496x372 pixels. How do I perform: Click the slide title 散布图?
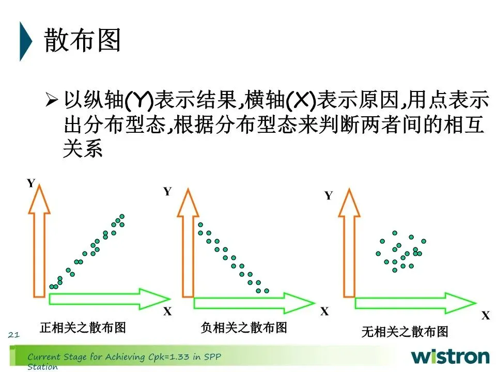[x=83, y=40]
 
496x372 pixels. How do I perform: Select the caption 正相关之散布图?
[x=83, y=327]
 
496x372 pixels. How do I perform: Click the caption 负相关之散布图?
[x=244, y=327]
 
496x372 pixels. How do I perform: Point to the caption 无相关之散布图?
[x=405, y=332]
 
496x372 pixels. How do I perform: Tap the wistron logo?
[x=450, y=357]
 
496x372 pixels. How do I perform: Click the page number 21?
[x=13, y=336]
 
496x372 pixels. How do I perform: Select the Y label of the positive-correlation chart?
[x=31, y=183]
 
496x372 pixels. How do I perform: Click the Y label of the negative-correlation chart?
[x=167, y=192]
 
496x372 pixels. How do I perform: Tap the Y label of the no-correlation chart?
[x=328, y=196]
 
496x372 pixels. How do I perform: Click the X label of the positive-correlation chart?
[x=167, y=311]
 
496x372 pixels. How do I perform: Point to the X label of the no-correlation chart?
[x=485, y=316]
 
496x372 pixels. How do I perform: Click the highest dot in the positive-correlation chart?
[x=122, y=216]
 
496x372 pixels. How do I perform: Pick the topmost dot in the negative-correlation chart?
[x=200, y=225]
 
